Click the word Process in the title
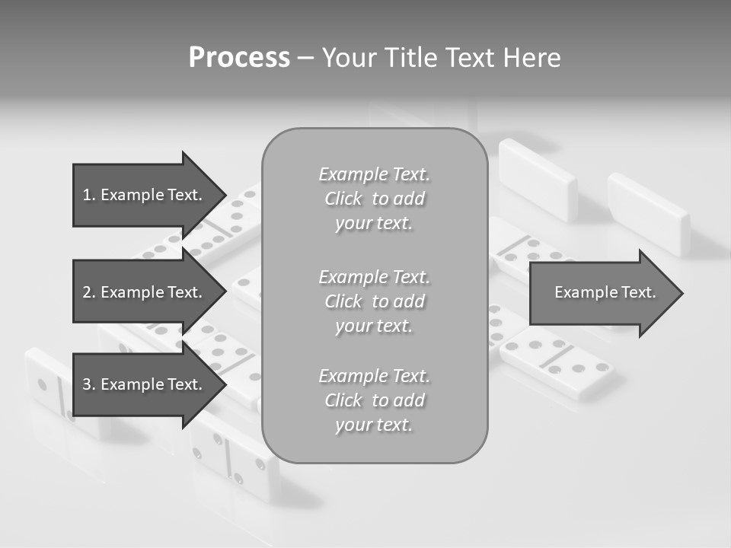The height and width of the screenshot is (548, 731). (x=239, y=58)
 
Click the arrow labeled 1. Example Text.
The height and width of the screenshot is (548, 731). (x=145, y=195)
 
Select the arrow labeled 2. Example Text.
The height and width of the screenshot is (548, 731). (x=145, y=292)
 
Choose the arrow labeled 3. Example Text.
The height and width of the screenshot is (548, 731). (x=145, y=384)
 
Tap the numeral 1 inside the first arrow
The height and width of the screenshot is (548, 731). (x=87, y=195)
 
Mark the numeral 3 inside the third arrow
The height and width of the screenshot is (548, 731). (x=87, y=384)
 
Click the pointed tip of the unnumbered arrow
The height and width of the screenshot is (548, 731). (x=682, y=293)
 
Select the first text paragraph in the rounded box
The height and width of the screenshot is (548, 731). (x=375, y=199)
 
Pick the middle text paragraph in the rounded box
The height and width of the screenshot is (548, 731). (x=375, y=301)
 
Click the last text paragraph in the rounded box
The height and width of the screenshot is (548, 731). (x=375, y=400)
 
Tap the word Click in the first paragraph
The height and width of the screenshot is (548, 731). (x=343, y=199)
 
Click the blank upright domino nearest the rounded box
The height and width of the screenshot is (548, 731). (x=537, y=180)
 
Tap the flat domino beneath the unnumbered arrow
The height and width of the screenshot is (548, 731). (x=557, y=362)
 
